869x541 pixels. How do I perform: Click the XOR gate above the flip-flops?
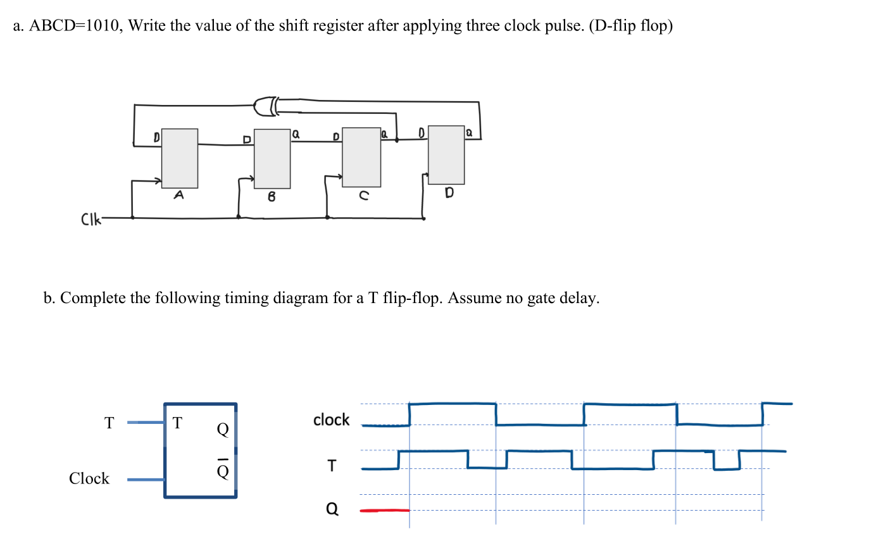click(x=266, y=106)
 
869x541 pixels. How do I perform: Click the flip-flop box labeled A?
click(x=179, y=158)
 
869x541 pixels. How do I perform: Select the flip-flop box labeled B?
click(x=272, y=159)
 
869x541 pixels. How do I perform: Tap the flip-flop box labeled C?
click(x=361, y=157)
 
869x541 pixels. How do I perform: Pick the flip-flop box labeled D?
click(x=446, y=154)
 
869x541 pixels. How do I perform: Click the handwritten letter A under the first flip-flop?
click(x=179, y=196)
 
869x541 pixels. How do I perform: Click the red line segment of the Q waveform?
click(x=385, y=510)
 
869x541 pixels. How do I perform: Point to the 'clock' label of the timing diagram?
click(x=331, y=420)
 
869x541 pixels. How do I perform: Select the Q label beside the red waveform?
click(x=332, y=508)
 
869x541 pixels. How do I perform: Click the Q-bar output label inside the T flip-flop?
click(x=222, y=469)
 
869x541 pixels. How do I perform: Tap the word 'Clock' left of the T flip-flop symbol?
click(x=89, y=478)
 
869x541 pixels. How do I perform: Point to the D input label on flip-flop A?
click(x=156, y=136)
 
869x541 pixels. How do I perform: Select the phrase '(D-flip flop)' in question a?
click(x=630, y=28)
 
